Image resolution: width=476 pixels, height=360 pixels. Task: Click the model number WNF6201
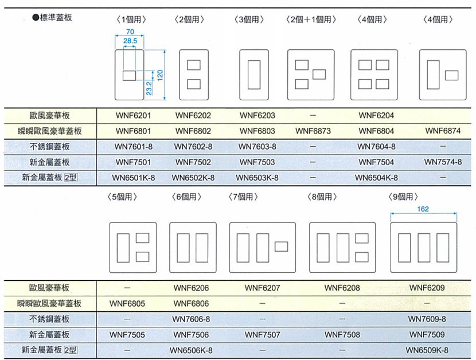(133, 115)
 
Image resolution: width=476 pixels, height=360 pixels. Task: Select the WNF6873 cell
(313, 131)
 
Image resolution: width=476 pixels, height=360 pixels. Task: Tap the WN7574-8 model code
(443, 162)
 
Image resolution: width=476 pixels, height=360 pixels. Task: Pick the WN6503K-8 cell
(257, 178)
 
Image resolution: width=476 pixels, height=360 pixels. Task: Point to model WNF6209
(427, 288)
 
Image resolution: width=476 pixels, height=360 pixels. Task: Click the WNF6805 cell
(127, 304)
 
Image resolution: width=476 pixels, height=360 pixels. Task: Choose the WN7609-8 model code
(427, 319)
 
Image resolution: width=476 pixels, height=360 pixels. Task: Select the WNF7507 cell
(262, 335)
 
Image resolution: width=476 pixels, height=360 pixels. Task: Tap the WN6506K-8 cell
(191, 350)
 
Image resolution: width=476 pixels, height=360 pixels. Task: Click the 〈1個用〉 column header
(131, 19)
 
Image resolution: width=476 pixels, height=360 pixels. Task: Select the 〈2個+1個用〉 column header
(311, 19)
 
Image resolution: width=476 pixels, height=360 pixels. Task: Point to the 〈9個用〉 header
(403, 197)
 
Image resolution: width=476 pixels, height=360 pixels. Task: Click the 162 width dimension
(423, 209)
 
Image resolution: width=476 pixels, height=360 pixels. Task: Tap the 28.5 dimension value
(130, 41)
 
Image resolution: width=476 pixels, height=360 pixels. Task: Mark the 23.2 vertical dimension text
(149, 88)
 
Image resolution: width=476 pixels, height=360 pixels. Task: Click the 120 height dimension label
(160, 75)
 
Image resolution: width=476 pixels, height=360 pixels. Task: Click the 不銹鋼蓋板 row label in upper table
(49, 147)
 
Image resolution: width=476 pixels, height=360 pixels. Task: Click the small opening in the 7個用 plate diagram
(281, 246)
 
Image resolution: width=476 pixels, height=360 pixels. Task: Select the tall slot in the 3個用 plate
(254, 75)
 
